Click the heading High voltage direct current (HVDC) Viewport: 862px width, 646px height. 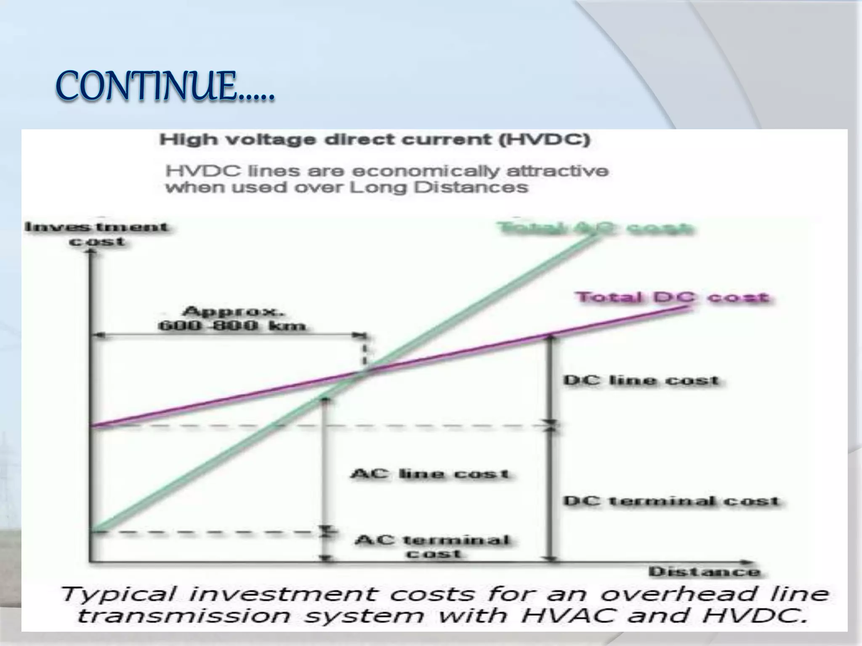tap(375, 140)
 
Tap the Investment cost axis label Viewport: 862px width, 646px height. tap(97, 234)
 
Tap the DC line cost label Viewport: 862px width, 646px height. tap(641, 380)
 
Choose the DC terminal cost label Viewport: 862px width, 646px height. tap(672, 501)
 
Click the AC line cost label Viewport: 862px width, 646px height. tap(430, 474)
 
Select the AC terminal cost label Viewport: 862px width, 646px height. tap(433, 546)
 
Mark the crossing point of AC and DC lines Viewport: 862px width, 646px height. tap(364, 371)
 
